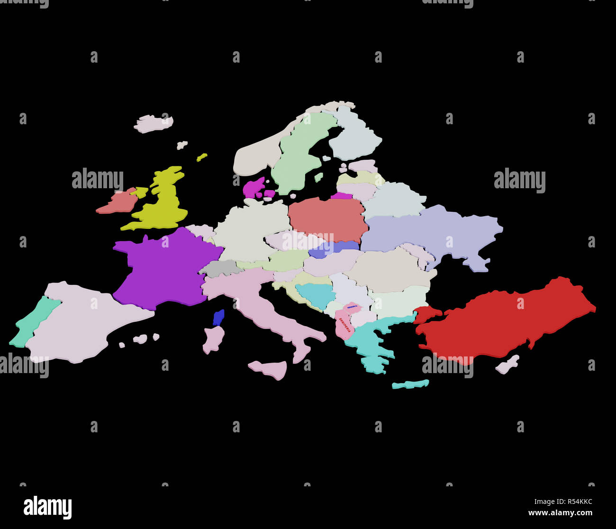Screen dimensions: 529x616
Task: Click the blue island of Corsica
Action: click(218, 317)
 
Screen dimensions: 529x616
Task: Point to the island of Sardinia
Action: click(213, 339)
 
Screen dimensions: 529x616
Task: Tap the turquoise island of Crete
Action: click(410, 384)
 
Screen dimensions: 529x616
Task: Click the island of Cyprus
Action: click(507, 365)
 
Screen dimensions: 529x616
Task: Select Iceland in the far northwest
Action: click(153, 123)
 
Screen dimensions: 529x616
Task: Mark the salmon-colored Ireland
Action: click(118, 201)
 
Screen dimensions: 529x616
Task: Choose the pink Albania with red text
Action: click(342, 325)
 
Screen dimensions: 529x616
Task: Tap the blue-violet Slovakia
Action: click(334, 247)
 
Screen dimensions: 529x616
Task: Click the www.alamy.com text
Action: click(560, 512)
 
